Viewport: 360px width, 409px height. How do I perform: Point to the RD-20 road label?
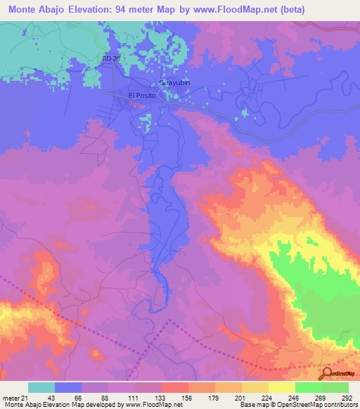(x=112, y=58)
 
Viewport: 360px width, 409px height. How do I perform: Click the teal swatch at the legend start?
(x=41, y=387)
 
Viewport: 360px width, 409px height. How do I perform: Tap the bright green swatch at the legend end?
(x=335, y=387)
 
